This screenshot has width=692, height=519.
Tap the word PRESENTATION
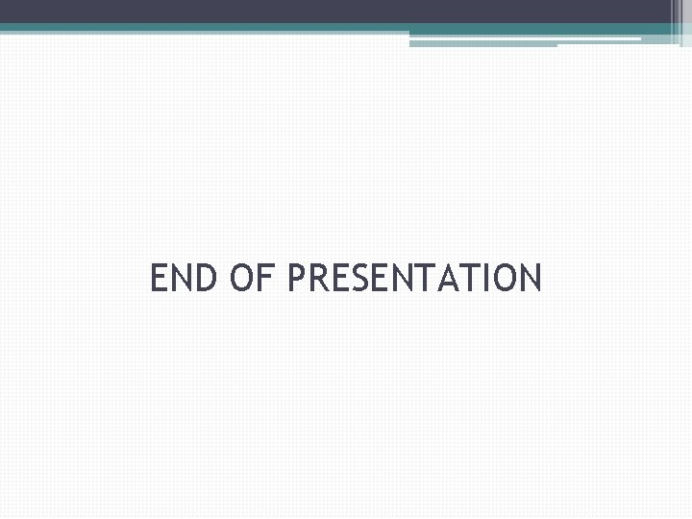[x=414, y=279]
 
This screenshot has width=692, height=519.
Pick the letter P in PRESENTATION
[x=296, y=279]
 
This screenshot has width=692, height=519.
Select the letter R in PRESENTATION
[x=317, y=279]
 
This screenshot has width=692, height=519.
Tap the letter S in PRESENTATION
[x=361, y=279]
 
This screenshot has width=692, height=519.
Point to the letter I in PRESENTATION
[x=487, y=279]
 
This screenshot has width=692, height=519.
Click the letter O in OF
[x=245, y=279]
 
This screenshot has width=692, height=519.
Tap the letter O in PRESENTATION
[x=506, y=279]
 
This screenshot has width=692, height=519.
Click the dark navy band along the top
[x=327, y=11]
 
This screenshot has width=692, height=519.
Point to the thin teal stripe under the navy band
[x=288, y=28]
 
